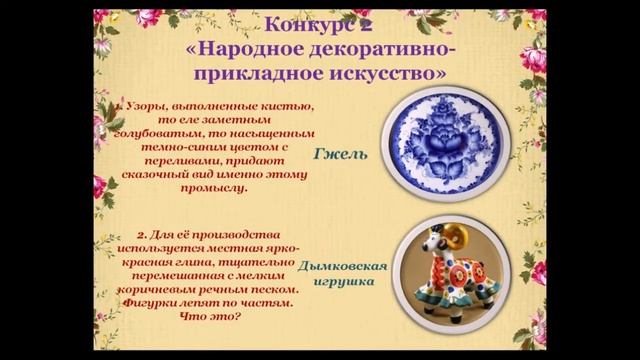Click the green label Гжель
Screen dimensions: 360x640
341,155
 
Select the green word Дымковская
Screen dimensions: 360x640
343,267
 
